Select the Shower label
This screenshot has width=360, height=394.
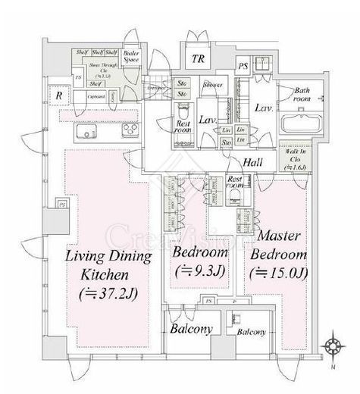pyautogui.click(x=212, y=85)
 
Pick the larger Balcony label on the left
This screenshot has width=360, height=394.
pyautogui.click(x=190, y=329)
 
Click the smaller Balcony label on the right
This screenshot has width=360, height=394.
pyautogui.click(x=251, y=332)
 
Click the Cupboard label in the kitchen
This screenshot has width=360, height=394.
pyautogui.click(x=95, y=98)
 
